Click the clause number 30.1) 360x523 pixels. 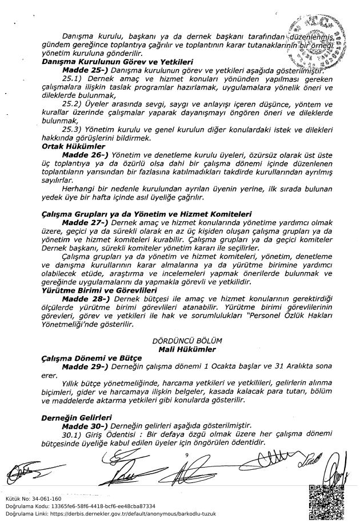(73, 434)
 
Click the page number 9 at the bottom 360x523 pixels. (187, 455)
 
